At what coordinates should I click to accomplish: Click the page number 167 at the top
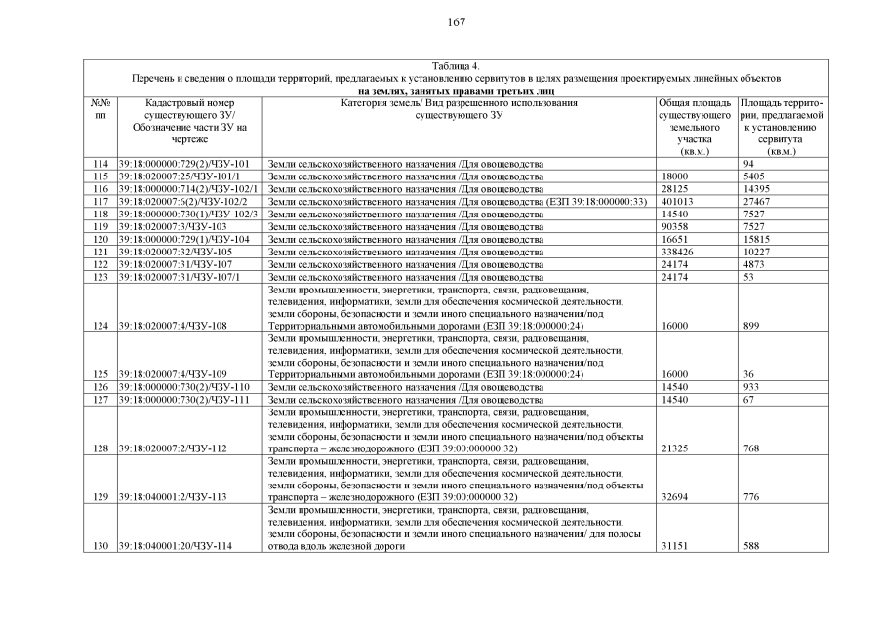coord(457,22)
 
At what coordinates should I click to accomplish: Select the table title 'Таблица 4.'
coord(456,65)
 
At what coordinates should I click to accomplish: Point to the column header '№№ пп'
coord(100,108)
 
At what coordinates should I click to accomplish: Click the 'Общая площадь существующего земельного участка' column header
coord(695,127)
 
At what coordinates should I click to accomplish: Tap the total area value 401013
coord(677,201)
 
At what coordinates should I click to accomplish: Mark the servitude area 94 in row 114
coord(748,163)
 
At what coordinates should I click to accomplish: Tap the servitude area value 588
coord(751,546)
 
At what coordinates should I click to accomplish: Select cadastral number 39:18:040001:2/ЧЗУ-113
coord(172,496)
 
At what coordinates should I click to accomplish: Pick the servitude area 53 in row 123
coord(748,277)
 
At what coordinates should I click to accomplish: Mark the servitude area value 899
coord(751,326)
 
